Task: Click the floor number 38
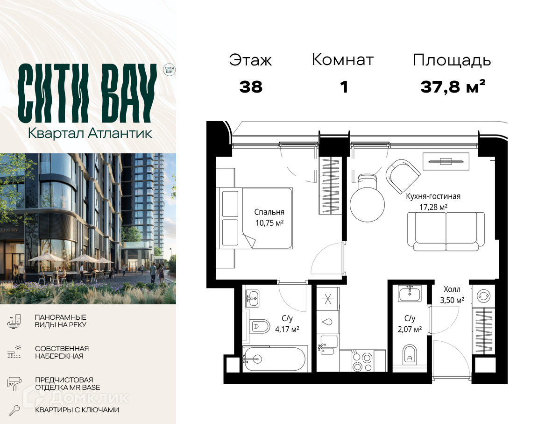click(x=251, y=87)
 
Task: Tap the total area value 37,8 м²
click(x=453, y=86)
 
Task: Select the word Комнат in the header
click(x=342, y=60)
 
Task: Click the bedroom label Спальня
click(x=269, y=212)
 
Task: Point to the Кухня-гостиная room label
click(x=433, y=196)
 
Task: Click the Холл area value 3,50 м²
click(x=452, y=300)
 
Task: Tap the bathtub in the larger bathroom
click(x=274, y=359)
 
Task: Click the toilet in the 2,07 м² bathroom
click(x=409, y=354)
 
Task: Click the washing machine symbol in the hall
click(x=483, y=296)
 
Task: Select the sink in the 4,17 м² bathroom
click(x=253, y=298)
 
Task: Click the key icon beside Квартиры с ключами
click(x=14, y=410)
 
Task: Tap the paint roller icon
click(x=14, y=383)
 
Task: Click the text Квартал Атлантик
click(x=90, y=133)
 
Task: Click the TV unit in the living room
click(x=446, y=161)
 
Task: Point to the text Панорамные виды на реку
click(x=60, y=321)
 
